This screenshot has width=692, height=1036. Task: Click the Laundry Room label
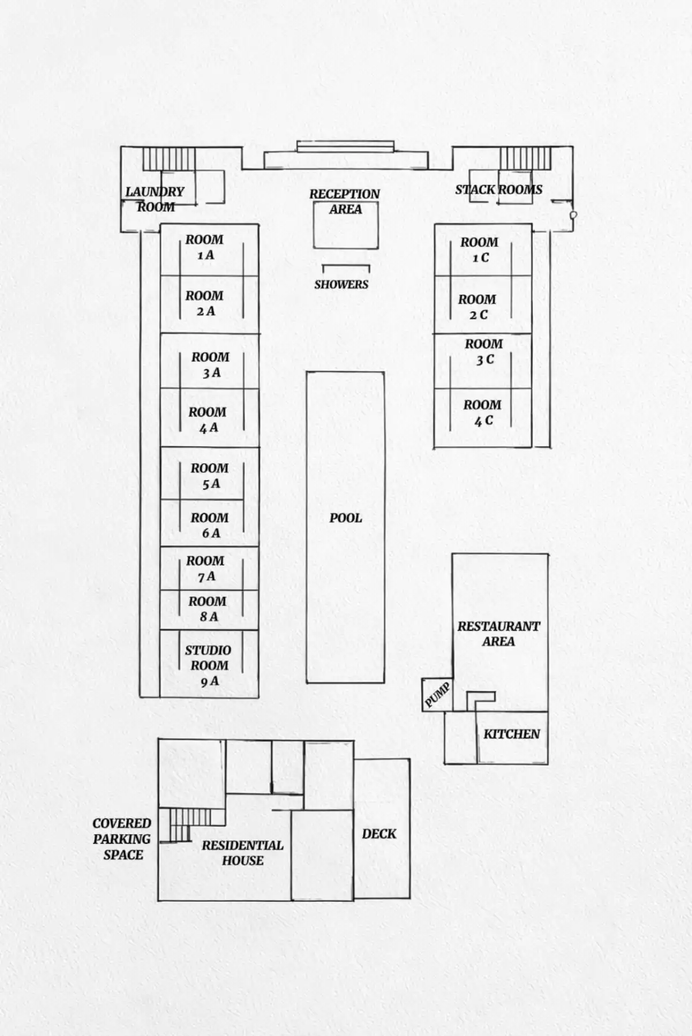coord(155,199)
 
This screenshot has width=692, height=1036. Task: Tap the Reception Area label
coord(345,202)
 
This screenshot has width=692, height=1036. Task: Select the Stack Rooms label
coord(499,190)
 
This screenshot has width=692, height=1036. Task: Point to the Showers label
coord(341,284)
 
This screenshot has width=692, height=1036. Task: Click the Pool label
coord(346,518)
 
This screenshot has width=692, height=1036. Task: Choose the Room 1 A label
coord(205,247)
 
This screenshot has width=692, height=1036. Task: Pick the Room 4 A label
coord(208,420)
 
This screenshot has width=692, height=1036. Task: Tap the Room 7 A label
coord(205,568)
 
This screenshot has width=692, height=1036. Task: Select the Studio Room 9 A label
coord(208,665)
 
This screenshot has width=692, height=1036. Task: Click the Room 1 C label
coord(480,250)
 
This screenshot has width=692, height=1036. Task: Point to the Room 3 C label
coord(484,352)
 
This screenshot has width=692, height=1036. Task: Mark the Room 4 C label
coord(483,413)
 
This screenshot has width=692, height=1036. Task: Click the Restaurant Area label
coord(499,634)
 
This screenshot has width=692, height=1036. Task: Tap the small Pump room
coord(437,695)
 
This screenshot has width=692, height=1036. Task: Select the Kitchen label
coord(512,734)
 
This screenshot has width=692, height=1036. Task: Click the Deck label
coord(379,834)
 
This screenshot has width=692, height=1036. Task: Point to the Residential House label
coord(243,853)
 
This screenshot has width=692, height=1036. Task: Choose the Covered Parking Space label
coord(122,839)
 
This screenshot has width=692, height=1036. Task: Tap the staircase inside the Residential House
coord(179,825)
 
